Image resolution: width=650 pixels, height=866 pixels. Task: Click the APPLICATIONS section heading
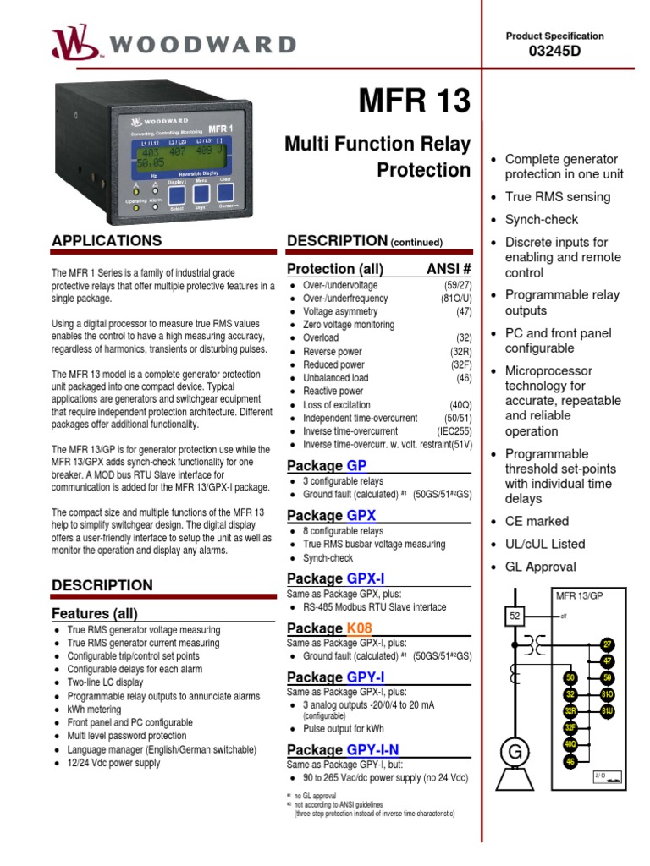[x=107, y=241]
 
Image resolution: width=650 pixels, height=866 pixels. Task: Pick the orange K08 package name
[x=359, y=628]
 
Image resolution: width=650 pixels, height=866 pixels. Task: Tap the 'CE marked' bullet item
[x=537, y=522]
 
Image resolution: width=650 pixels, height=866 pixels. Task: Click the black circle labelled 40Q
[x=570, y=744]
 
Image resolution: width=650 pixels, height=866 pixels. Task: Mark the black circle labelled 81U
[x=607, y=711]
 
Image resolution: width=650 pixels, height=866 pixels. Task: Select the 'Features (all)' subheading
[x=95, y=613]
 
